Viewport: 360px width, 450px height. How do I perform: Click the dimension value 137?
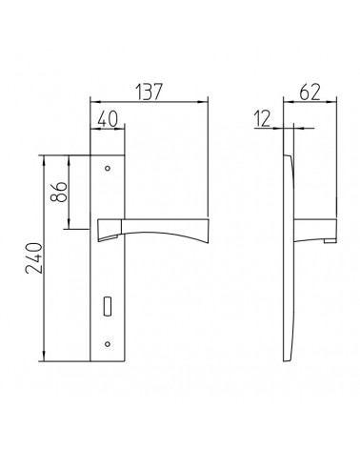coord(150,92)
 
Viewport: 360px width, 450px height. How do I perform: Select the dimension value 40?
coord(108,119)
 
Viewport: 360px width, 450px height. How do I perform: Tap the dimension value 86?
coord(59,192)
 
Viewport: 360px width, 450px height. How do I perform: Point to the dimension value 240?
coord(34,258)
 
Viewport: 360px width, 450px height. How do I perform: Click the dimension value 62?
coord(310,92)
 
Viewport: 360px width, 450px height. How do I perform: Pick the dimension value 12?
coord(262,118)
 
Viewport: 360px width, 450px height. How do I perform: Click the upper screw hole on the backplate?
coord(108,168)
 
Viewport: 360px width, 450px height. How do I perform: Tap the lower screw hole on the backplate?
coord(108,344)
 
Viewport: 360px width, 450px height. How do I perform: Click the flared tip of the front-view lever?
coord(207,232)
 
